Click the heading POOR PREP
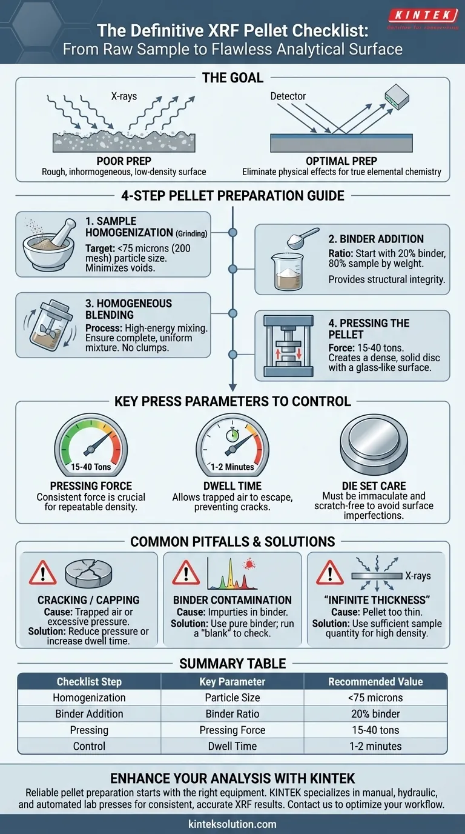click(124, 161)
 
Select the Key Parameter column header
click(232, 682)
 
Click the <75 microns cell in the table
click(375, 698)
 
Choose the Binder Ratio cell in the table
click(232, 714)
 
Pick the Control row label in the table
click(89, 746)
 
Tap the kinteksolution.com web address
click(232, 824)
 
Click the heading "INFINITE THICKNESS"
click(376, 600)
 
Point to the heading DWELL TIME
click(232, 485)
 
